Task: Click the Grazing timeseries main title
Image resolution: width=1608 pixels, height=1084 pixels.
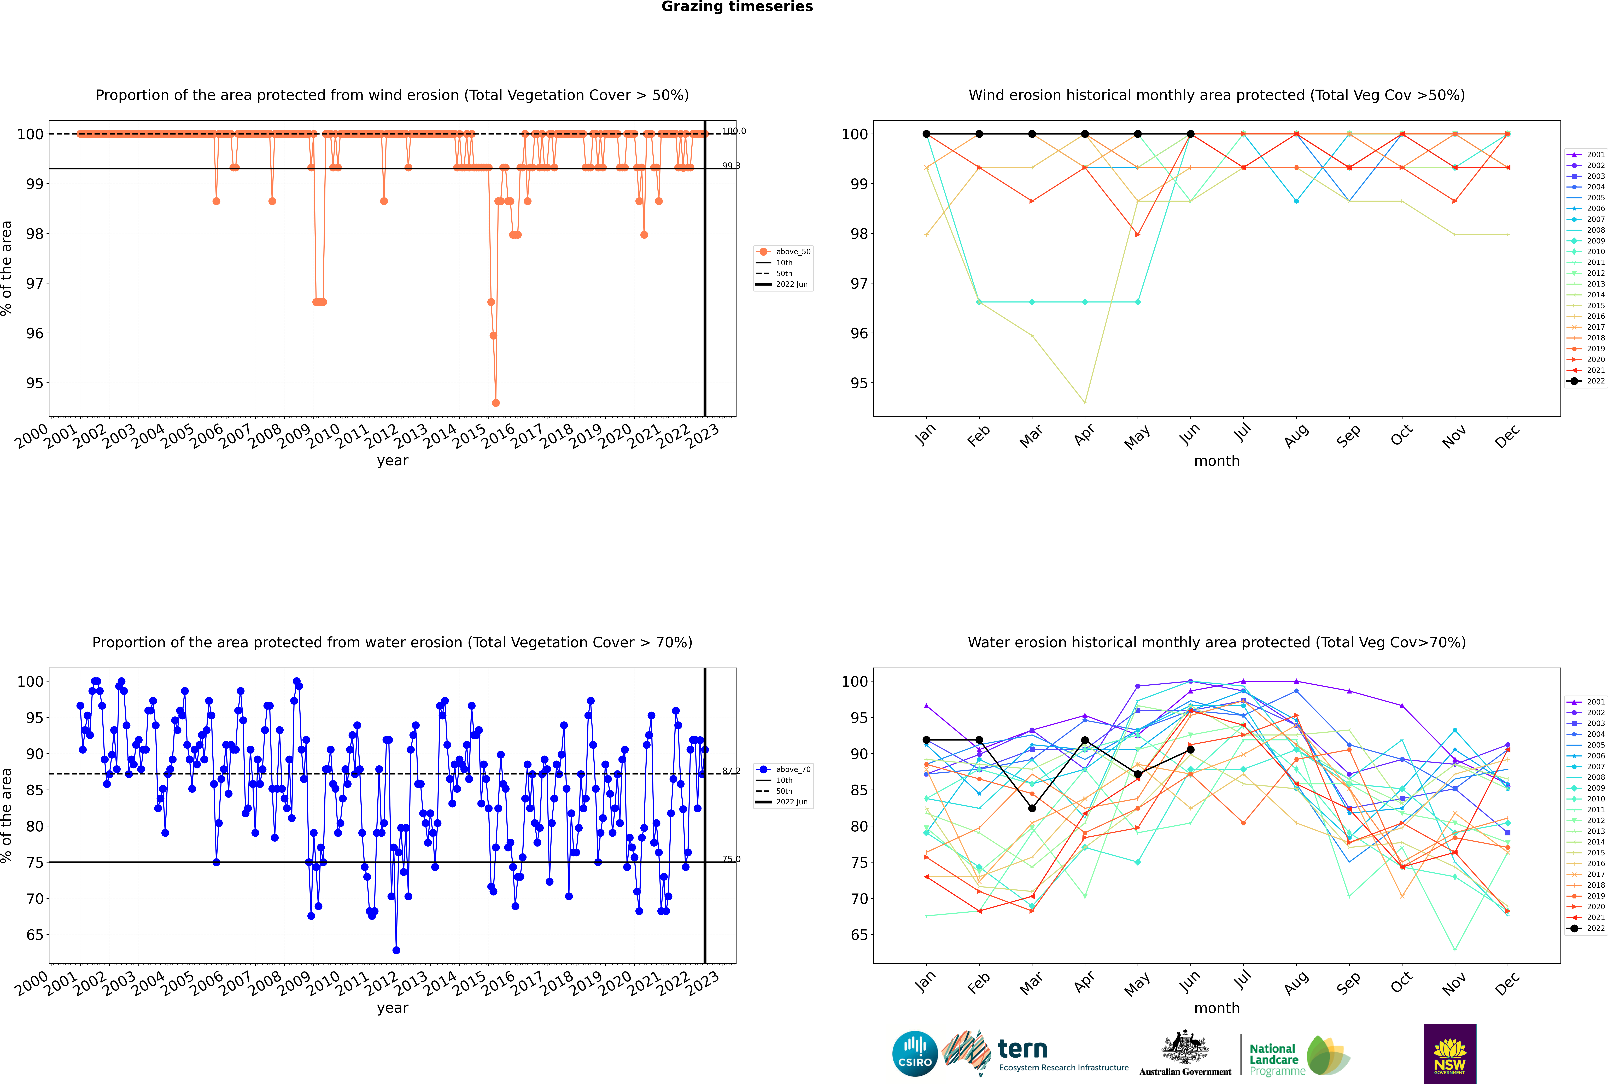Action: click(x=737, y=7)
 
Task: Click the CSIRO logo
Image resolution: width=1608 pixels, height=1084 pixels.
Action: click(x=915, y=1054)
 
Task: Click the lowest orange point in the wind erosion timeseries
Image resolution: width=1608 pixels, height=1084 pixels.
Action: click(x=496, y=403)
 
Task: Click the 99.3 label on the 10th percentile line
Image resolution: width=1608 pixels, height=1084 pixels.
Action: click(x=731, y=166)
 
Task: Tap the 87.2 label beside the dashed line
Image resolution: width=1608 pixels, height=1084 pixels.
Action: click(x=731, y=771)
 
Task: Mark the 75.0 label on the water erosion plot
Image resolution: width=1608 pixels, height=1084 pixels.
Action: click(x=731, y=859)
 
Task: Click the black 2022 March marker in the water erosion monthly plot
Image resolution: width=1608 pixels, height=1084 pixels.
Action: click(x=1032, y=808)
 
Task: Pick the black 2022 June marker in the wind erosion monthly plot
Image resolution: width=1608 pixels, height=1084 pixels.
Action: click(x=1190, y=134)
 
